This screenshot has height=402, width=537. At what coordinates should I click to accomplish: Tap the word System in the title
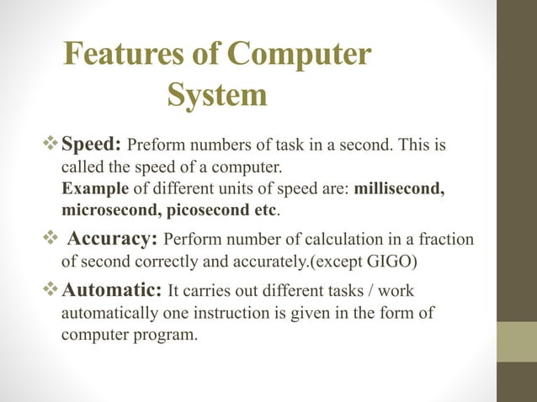point(217,94)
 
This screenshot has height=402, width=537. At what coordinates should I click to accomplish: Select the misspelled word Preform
point(155,147)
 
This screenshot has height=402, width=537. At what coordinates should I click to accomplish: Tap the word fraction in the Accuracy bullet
point(445,241)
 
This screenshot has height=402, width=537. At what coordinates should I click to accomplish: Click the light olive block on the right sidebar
point(517,342)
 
